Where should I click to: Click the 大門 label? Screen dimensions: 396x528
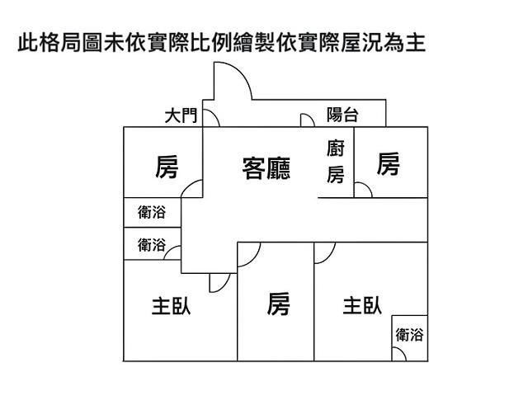[181, 115]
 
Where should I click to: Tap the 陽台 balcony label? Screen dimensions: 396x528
[342, 115]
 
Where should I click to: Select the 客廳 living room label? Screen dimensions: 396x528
[266, 168]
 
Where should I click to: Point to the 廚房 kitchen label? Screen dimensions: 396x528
[336, 162]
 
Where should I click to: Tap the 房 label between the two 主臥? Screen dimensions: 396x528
[278, 304]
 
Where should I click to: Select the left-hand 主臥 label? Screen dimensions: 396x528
[171, 306]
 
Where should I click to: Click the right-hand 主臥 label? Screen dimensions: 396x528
[362, 305]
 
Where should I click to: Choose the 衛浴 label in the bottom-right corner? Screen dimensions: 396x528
[409, 335]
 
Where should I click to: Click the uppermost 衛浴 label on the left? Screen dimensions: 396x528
[151, 212]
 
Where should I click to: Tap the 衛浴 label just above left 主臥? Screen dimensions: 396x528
[151, 244]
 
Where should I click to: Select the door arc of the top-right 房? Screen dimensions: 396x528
[364, 189]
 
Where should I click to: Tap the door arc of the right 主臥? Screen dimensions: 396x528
[324, 252]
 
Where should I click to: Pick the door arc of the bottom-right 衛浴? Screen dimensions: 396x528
[399, 352]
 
